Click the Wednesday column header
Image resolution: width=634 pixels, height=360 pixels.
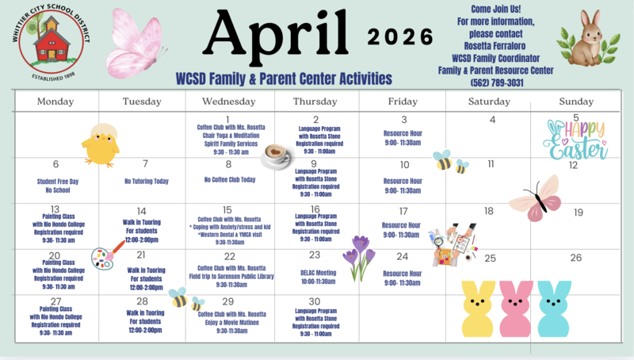tap(229, 101)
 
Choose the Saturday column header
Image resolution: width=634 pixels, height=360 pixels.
tap(489, 101)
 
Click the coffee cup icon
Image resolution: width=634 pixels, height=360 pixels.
tap(276, 154)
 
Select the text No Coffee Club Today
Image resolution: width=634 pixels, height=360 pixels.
tap(229, 180)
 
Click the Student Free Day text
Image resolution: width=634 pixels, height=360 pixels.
tap(56, 181)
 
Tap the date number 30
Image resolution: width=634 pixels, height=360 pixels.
tap(315, 301)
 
